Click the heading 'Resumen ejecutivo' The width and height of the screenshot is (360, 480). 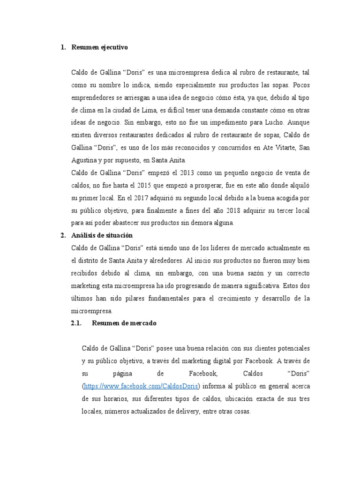[x=99, y=47]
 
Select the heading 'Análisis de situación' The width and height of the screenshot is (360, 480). [x=100, y=235]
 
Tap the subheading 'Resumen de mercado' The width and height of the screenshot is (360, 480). [x=124, y=323]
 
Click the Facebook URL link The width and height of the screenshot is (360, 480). [x=141, y=386]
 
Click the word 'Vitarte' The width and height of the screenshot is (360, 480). [x=279, y=148]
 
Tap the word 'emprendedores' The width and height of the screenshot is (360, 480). [x=94, y=97]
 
